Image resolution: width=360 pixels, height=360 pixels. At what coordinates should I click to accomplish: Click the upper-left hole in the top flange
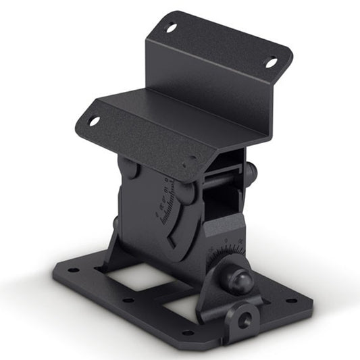pyautogui.click(x=171, y=28)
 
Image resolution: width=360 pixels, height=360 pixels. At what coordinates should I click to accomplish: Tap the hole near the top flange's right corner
pyautogui.click(x=271, y=62)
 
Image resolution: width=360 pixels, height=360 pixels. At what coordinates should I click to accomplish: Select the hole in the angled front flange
pyautogui.click(x=93, y=121)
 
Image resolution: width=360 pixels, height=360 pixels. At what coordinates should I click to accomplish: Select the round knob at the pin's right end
pyautogui.click(x=251, y=174)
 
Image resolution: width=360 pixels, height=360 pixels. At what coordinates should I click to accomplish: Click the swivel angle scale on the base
pyautogui.click(x=226, y=253)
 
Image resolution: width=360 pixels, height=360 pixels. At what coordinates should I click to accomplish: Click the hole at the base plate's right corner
pyautogui.click(x=292, y=301)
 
